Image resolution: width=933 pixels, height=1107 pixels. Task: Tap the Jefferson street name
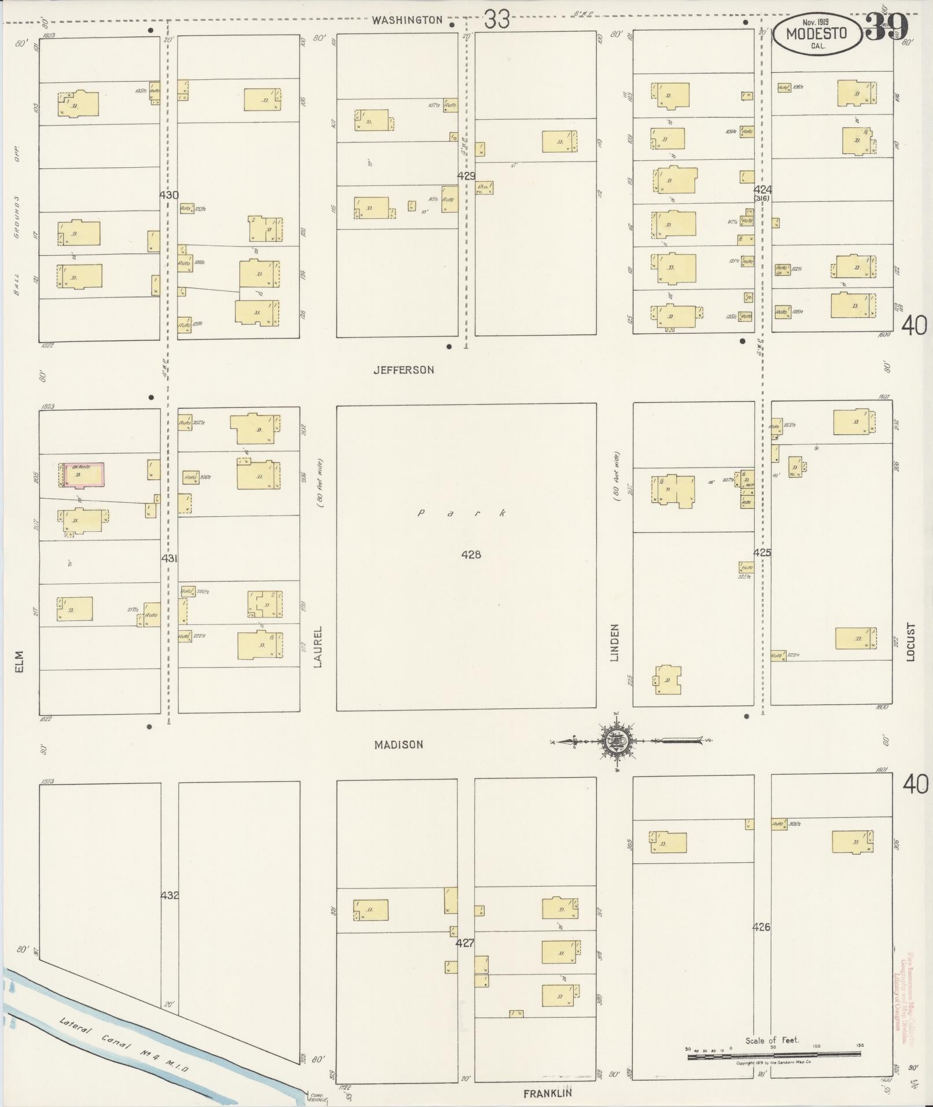coord(403,370)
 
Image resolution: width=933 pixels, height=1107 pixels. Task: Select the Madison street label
coord(399,745)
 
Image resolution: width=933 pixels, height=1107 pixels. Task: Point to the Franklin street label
coord(548,1093)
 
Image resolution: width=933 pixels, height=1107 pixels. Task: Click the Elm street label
coord(20,661)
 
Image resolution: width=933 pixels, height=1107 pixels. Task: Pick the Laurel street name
coord(317,646)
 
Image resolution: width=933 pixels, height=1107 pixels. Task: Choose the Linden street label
coord(614,642)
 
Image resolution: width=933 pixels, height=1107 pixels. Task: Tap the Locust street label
coord(912,641)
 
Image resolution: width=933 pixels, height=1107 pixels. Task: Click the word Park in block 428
coord(462,513)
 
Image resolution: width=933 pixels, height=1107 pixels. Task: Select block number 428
coord(471,554)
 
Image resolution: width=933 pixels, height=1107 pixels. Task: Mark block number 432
coord(169,896)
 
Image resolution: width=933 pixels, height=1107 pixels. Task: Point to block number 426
coord(761,927)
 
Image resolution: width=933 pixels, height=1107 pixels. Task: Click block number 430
coord(169,196)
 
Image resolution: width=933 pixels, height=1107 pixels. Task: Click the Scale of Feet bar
coord(773,1056)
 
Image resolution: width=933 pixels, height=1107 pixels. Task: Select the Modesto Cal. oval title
coord(817,35)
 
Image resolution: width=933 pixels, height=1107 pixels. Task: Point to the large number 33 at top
coord(497,20)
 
